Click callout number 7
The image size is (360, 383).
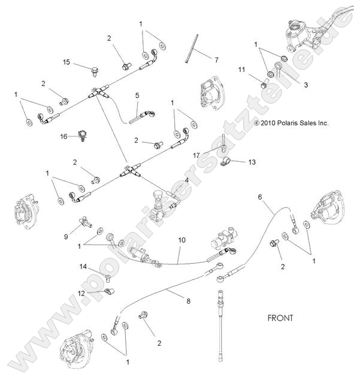[x=217, y=59]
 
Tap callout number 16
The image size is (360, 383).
[x=64, y=137]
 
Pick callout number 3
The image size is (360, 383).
[x=305, y=85]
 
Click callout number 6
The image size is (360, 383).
[x=260, y=196]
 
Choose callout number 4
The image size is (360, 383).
[x=187, y=180]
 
